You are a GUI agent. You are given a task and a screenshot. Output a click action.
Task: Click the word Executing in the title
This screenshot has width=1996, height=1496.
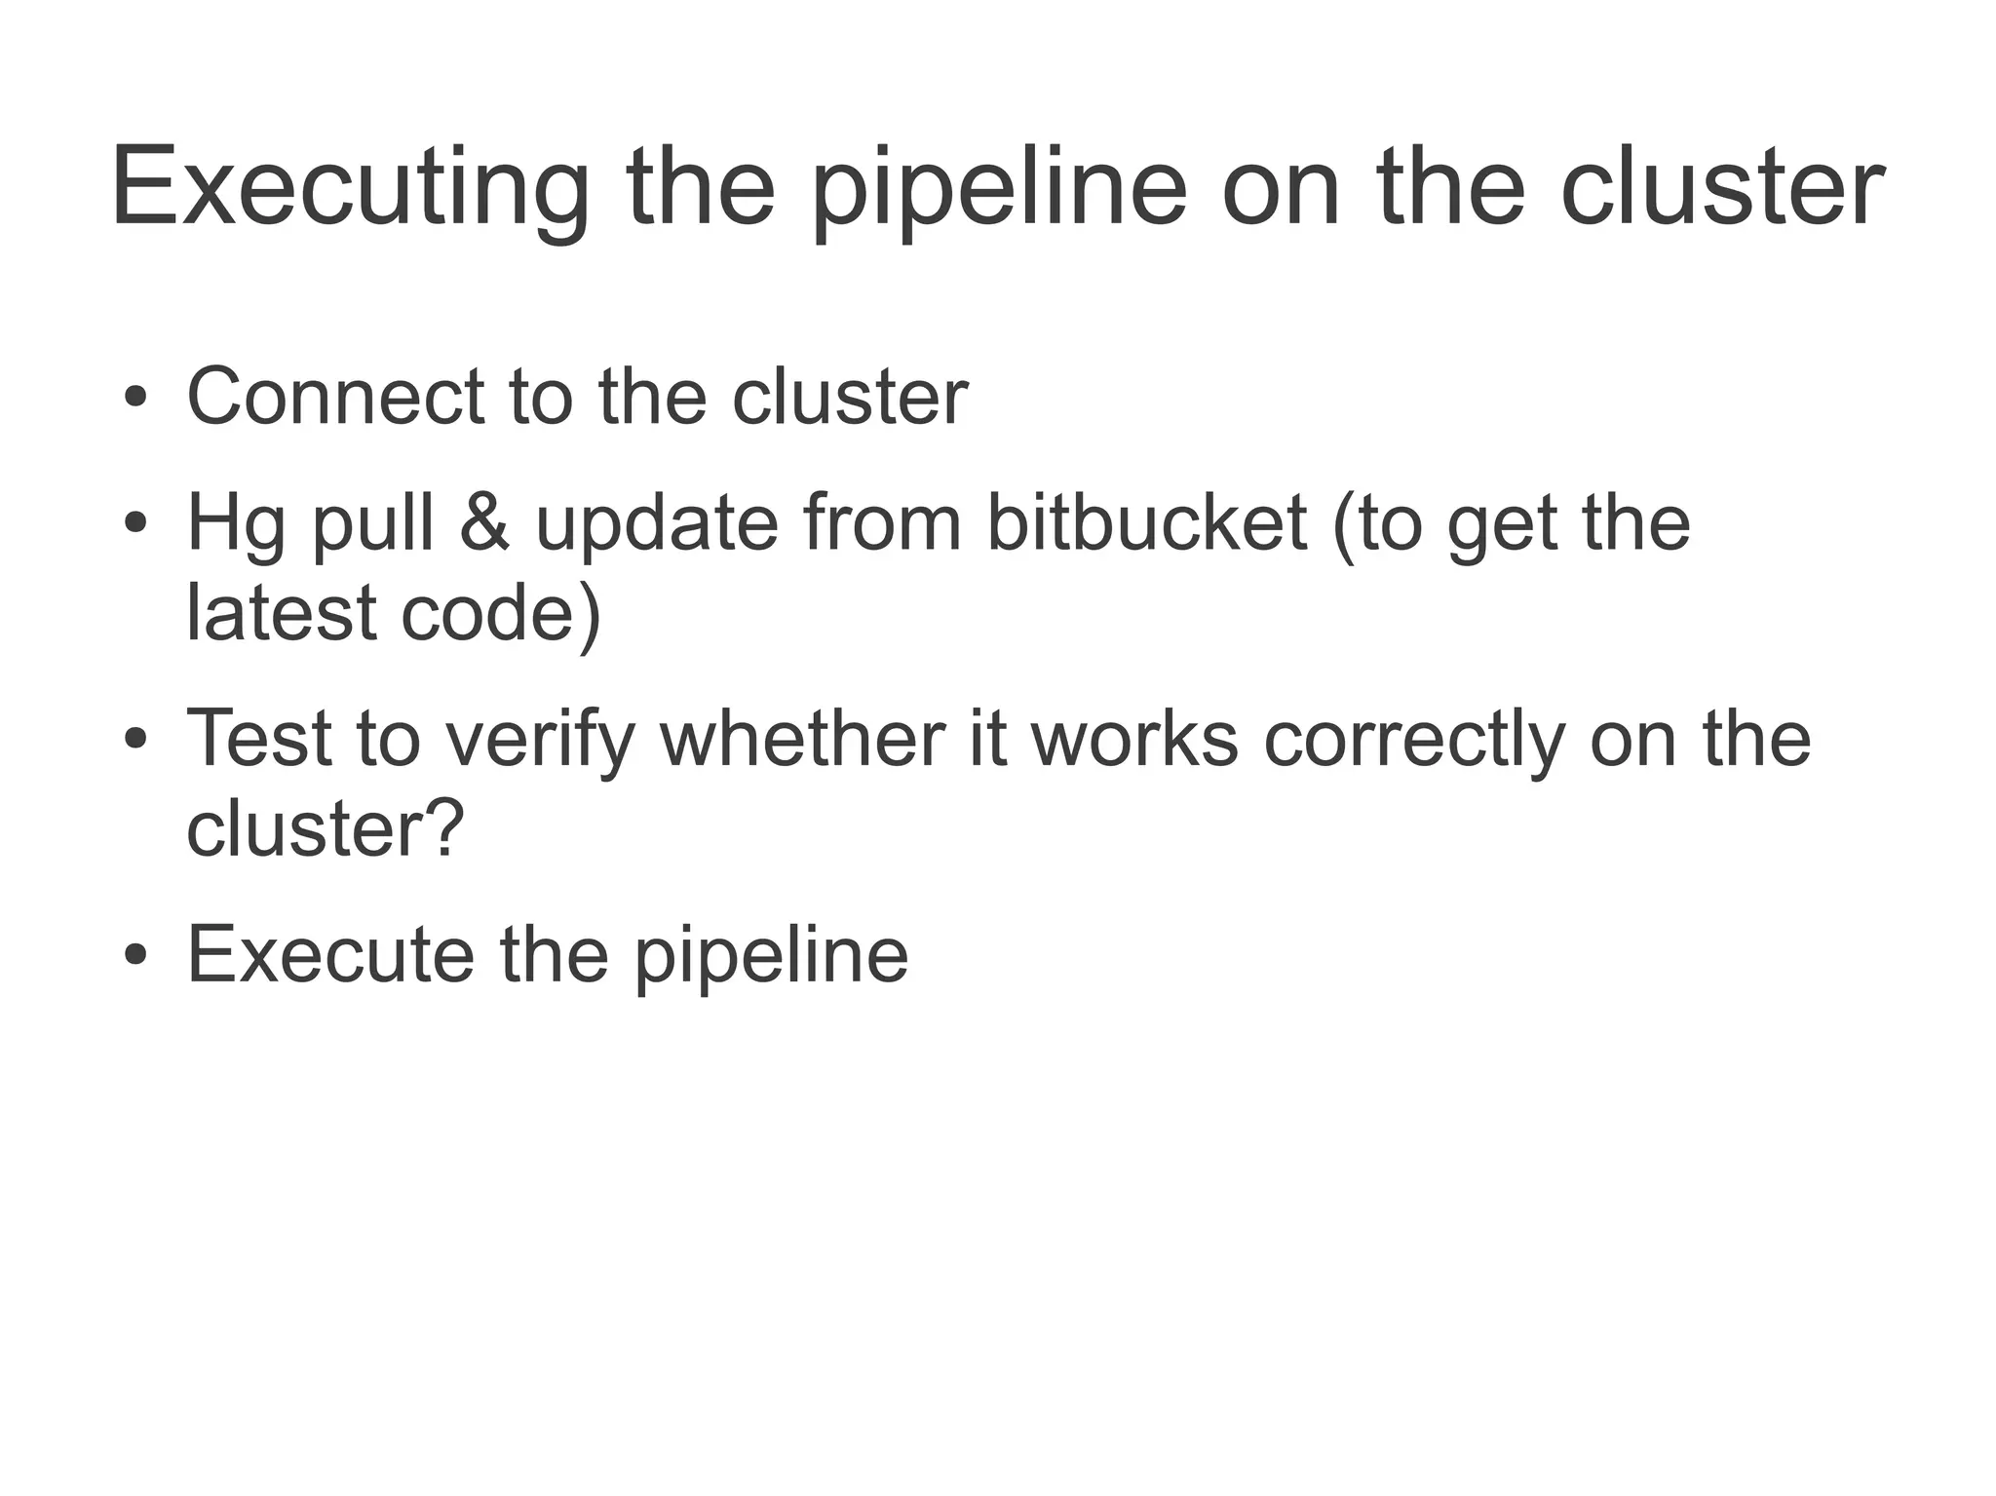point(349,188)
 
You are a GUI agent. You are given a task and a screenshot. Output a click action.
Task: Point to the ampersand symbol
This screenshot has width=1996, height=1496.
point(484,523)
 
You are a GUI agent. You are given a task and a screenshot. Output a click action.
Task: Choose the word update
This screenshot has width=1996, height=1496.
point(657,523)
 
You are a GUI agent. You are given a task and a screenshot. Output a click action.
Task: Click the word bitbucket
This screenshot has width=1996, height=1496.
point(1146,523)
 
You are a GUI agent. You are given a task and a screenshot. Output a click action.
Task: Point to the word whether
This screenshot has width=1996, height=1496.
point(802,738)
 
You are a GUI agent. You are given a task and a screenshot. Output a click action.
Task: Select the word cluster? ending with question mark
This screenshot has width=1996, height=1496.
point(325,828)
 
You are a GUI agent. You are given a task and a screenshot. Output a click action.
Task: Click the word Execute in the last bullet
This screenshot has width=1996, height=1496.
point(330,955)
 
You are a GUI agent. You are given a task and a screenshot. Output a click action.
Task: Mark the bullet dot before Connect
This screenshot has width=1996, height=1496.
point(135,400)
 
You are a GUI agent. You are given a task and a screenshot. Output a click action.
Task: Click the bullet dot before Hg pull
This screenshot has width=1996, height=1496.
point(135,525)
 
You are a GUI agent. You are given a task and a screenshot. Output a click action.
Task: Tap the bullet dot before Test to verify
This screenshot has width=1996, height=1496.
point(135,741)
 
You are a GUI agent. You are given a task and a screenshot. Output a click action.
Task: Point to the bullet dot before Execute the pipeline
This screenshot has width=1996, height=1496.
point(135,956)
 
